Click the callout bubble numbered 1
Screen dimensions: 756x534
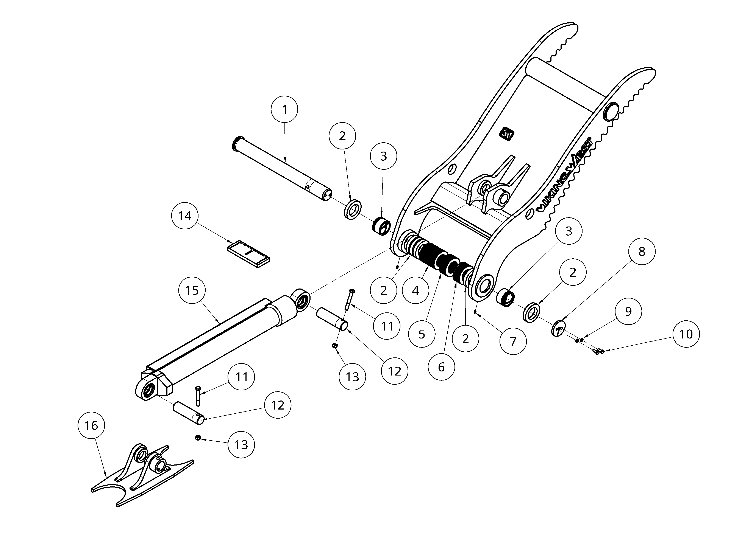pyautogui.click(x=284, y=109)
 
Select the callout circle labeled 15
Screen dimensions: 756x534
pyautogui.click(x=192, y=290)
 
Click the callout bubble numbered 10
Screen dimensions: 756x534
pyautogui.click(x=686, y=334)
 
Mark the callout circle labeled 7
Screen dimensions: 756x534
pyautogui.click(x=513, y=341)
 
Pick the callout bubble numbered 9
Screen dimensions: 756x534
pyautogui.click(x=628, y=311)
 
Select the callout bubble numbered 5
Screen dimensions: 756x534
pyautogui.click(x=422, y=334)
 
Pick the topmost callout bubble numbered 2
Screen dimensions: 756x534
pyautogui.click(x=342, y=136)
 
